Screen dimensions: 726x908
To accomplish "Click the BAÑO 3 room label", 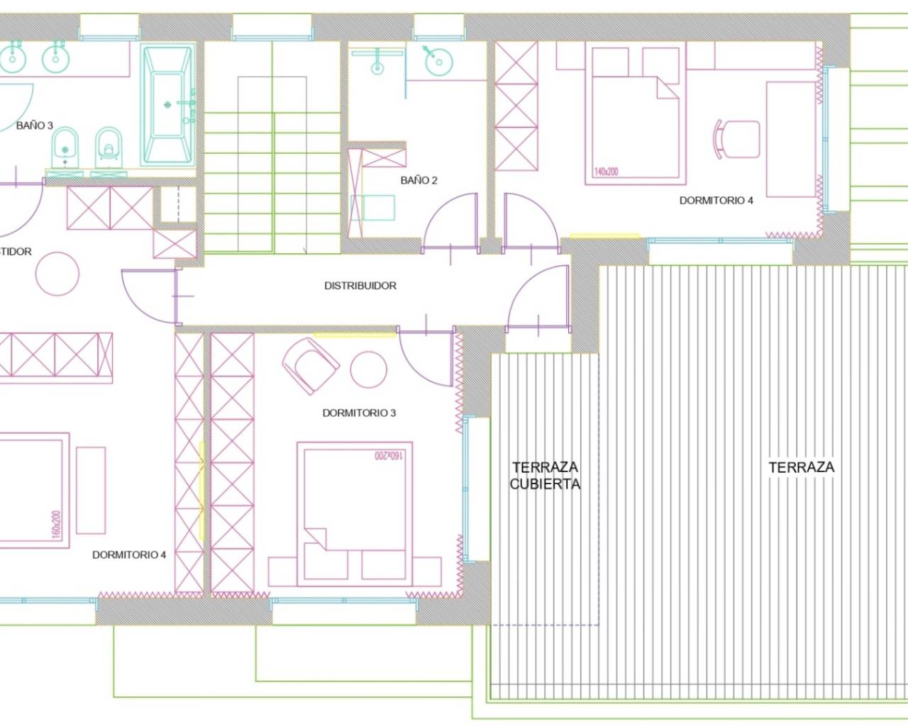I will pyautogui.click(x=34, y=125).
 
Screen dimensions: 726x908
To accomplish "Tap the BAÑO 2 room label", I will pyautogui.click(x=419, y=180).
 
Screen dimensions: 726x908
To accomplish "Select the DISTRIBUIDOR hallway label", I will pyautogui.click(x=360, y=286).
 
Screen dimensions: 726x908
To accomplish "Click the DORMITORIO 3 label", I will pyautogui.click(x=359, y=413).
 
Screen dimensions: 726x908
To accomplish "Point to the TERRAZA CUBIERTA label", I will pyautogui.click(x=545, y=476).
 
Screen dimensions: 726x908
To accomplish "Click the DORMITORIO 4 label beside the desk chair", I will pyautogui.click(x=716, y=200).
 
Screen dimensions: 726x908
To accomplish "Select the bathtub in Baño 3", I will pyautogui.click(x=167, y=105).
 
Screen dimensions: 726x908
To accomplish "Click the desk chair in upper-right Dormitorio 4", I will pyautogui.click(x=736, y=139).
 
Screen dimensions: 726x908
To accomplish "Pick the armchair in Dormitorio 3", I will pyautogui.click(x=309, y=365).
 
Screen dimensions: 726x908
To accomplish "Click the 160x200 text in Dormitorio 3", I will pyautogui.click(x=388, y=454).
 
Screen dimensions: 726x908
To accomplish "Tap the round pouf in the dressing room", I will pyautogui.click(x=57, y=274).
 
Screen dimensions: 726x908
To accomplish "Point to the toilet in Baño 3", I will pyautogui.click(x=108, y=145).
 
